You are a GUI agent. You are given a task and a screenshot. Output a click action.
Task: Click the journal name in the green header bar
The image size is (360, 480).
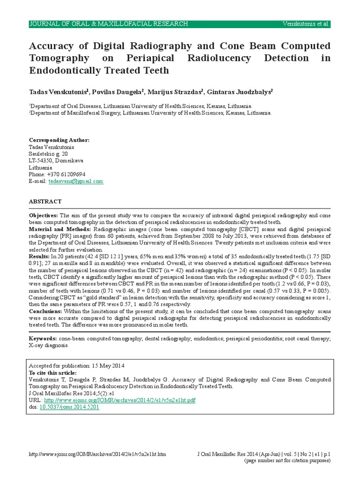[109, 24]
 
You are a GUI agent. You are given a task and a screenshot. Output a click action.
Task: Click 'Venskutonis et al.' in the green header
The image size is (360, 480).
[306, 24]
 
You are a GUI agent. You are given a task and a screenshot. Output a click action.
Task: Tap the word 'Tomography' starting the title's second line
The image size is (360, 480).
[58, 58]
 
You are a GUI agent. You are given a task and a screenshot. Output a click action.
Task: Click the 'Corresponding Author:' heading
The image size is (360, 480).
[59, 140]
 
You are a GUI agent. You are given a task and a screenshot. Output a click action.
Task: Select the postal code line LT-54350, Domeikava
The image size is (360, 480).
[56, 160]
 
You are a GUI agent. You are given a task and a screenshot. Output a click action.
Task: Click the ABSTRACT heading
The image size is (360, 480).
[45, 201]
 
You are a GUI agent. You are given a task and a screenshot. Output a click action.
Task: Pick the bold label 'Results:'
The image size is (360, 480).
[39, 257]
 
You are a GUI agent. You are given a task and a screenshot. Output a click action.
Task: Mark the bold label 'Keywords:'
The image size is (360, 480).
[43, 338]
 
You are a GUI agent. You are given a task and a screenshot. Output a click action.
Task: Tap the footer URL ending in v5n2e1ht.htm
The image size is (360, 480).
[97, 454]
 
